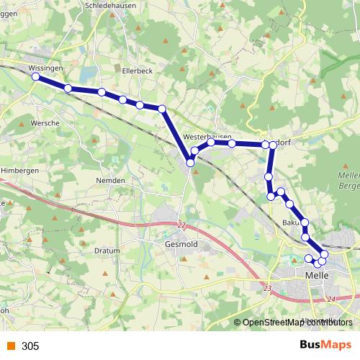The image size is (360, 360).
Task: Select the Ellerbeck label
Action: click(x=137, y=71)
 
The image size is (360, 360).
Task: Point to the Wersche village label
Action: click(x=45, y=123)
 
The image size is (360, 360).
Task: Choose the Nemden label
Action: click(x=111, y=180)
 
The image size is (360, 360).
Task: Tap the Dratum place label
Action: click(x=107, y=251)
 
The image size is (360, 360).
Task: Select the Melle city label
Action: click(x=317, y=276)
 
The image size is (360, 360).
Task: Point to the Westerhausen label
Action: click(x=207, y=136)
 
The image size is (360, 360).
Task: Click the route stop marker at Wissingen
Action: click(x=35, y=76)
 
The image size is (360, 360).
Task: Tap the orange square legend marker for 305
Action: click(x=10, y=346)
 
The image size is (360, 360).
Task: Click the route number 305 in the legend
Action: click(x=30, y=346)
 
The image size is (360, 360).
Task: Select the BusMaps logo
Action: click(x=325, y=345)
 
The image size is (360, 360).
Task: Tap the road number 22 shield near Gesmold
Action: click(x=181, y=225)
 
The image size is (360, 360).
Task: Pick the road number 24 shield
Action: click(x=330, y=298)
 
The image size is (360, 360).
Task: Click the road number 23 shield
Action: click(x=268, y=288)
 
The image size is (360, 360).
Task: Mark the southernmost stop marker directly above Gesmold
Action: click(x=191, y=163)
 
